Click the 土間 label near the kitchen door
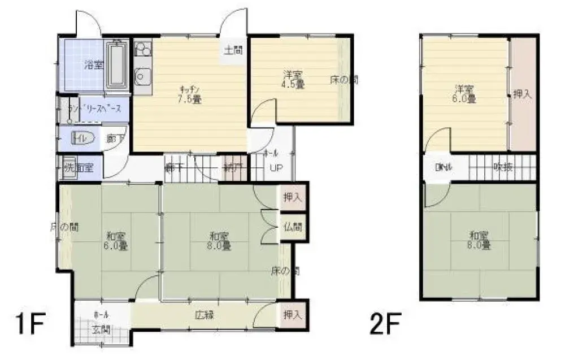coord(233,50)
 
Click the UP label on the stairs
coord(275,168)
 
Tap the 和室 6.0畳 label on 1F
coord(115,241)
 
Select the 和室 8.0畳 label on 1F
coord(218,241)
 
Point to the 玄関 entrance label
coord(102,328)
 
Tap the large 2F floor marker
coord(387,326)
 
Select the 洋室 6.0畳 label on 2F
coord(464,94)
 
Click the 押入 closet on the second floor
coord(521,94)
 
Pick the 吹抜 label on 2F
coord(503,167)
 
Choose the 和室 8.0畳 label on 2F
coord(479,241)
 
